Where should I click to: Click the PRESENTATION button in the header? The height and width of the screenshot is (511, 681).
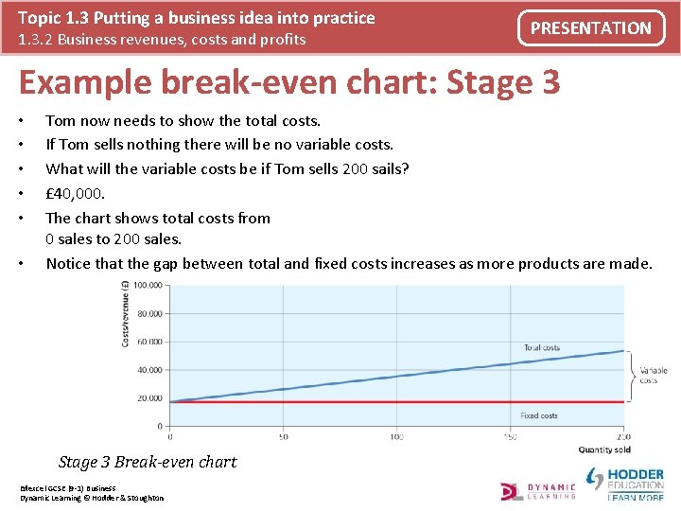pyautogui.click(x=590, y=28)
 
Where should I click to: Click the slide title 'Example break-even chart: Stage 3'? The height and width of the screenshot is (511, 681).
pyautogui.click(x=289, y=82)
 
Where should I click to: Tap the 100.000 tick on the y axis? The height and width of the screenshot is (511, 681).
pyautogui.click(x=146, y=285)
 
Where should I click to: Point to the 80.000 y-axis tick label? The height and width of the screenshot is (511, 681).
pyautogui.click(x=148, y=313)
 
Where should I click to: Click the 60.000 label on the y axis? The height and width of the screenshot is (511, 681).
pyautogui.click(x=148, y=342)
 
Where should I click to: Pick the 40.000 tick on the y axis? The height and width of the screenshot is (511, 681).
pyautogui.click(x=148, y=370)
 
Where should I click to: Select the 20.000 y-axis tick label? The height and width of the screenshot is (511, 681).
pyautogui.click(x=148, y=398)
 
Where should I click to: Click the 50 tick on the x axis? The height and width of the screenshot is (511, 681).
pyautogui.click(x=283, y=437)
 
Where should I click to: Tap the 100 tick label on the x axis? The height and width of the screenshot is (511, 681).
pyautogui.click(x=396, y=437)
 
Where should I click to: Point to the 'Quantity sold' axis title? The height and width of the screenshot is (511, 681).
pyautogui.click(x=605, y=449)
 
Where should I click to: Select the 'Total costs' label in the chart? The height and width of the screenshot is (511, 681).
pyautogui.click(x=541, y=347)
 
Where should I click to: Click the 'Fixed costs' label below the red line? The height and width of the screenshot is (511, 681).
pyautogui.click(x=538, y=415)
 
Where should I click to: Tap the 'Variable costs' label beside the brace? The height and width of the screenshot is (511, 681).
pyautogui.click(x=654, y=376)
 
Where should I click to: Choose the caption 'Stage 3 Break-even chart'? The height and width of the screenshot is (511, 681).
pyautogui.click(x=148, y=462)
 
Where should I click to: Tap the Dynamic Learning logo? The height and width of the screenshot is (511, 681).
pyautogui.click(x=538, y=490)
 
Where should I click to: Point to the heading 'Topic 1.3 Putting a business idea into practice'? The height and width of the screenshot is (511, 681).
pyautogui.click(x=197, y=18)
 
